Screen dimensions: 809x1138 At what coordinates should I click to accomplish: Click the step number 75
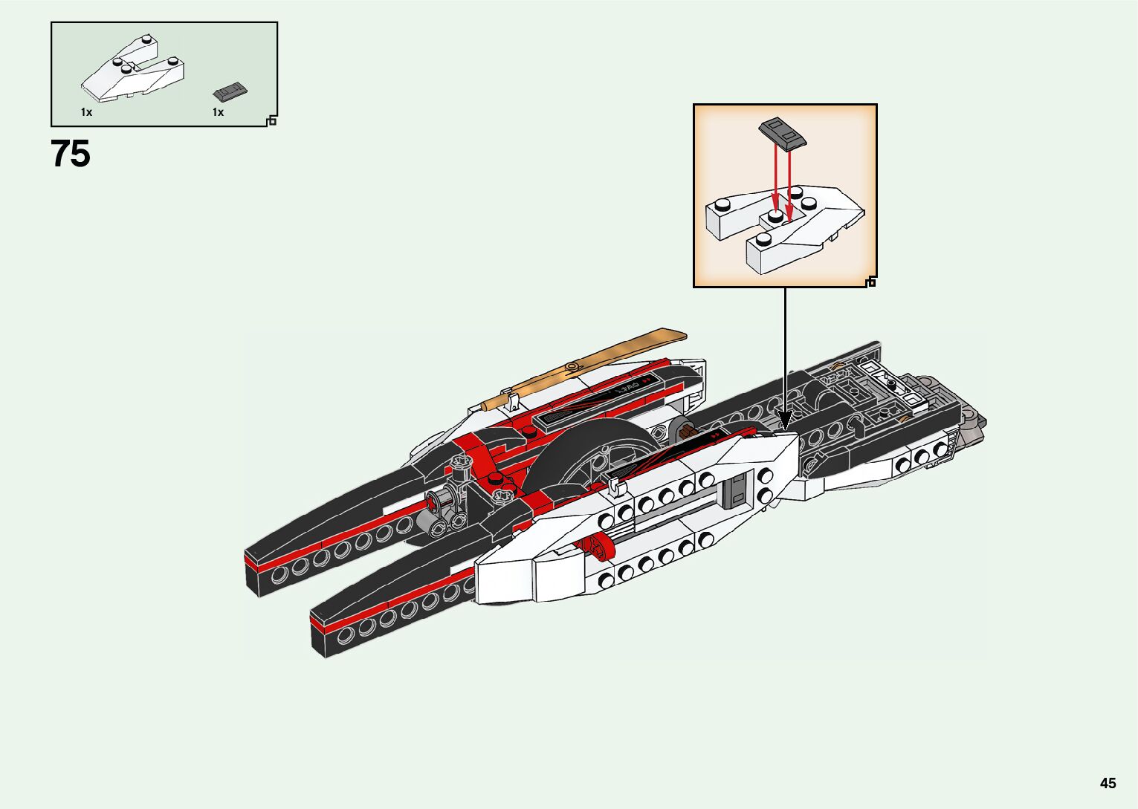tap(71, 155)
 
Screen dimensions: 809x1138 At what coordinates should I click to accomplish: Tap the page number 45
tap(1108, 783)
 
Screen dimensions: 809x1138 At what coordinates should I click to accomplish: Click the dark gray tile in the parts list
tap(230, 91)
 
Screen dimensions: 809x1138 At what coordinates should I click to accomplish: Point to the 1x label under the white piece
tap(86, 112)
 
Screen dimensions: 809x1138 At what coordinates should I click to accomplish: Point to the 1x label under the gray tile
tap(218, 112)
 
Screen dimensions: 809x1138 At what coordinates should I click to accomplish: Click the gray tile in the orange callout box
tap(782, 133)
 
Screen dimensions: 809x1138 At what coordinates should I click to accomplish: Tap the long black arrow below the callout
tap(785, 357)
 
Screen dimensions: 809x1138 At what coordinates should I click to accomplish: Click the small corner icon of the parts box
tap(272, 120)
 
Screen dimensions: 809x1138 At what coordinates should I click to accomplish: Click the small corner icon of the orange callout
tap(871, 282)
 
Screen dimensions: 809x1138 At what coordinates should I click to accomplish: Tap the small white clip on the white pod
tap(614, 486)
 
